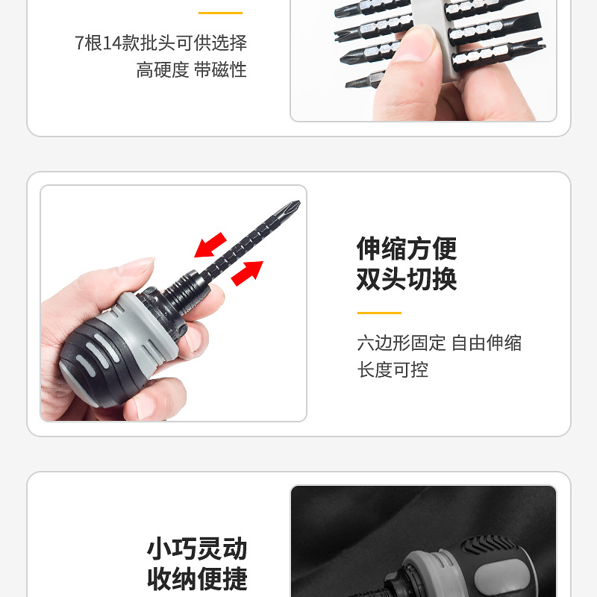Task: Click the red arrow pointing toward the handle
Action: click(210, 246)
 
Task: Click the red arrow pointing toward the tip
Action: click(248, 273)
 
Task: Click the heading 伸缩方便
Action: click(407, 249)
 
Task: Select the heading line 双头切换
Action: click(407, 279)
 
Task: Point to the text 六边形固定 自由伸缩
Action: click(440, 343)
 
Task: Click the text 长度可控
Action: click(393, 369)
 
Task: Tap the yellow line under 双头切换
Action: click(379, 313)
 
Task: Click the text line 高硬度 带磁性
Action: click(192, 69)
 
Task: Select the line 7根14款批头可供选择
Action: click(160, 43)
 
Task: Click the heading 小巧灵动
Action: click(197, 548)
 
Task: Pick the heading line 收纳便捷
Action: click(197, 579)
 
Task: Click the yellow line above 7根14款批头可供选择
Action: click(220, 13)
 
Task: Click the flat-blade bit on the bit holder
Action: click(495, 28)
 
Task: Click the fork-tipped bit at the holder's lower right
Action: click(498, 54)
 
